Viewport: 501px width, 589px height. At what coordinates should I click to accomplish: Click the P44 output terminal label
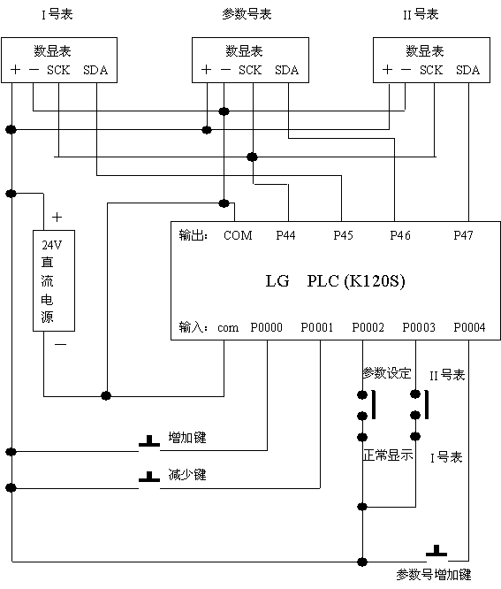click(x=285, y=235)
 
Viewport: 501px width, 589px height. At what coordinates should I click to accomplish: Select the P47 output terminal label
click(x=463, y=235)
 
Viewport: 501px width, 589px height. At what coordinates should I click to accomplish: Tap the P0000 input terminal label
click(x=267, y=327)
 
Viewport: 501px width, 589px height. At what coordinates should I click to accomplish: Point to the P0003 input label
click(x=419, y=327)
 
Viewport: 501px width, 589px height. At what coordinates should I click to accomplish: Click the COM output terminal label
click(x=238, y=235)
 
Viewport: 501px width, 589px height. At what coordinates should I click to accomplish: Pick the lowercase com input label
click(x=228, y=328)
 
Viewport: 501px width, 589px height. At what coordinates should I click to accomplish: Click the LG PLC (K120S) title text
click(x=336, y=281)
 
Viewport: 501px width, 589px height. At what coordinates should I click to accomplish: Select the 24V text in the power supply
click(x=52, y=245)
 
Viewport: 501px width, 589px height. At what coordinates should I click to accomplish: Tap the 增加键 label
click(x=187, y=438)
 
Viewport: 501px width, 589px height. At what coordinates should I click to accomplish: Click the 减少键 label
click(x=187, y=475)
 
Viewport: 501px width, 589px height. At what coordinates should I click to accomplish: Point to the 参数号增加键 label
click(x=434, y=574)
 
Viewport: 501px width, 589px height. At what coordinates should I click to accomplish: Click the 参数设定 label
click(x=386, y=373)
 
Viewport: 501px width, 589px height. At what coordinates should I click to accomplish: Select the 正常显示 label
click(x=388, y=455)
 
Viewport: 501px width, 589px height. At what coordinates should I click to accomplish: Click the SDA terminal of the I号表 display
click(x=95, y=70)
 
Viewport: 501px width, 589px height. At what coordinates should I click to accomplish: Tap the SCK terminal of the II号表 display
click(x=431, y=70)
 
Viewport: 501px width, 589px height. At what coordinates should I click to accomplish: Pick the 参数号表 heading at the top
click(x=247, y=14)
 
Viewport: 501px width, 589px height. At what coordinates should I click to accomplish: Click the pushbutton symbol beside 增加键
click(x=149, y=441)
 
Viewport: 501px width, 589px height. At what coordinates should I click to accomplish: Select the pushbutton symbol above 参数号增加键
click(x=436, y=551)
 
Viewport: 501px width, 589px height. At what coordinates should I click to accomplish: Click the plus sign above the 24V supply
click(x=57, y=218)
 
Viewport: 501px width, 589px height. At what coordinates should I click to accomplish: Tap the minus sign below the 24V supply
click(x=60, y=344)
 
